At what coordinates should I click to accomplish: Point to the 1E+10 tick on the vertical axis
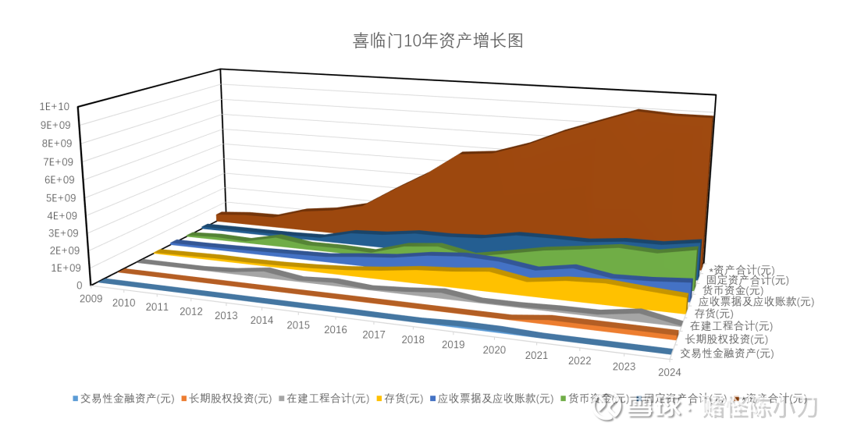(55, 106)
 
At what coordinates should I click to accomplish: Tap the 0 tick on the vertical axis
(80, 286)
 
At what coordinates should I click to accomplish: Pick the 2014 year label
(261, 320)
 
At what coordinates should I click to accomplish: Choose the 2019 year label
(453, 345)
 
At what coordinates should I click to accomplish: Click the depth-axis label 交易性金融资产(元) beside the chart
(727, 353)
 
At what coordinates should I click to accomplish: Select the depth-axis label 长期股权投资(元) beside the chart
(727, 339)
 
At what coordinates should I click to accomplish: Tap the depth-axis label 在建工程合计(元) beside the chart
(731, 326)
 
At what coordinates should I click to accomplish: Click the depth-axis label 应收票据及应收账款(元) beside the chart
(756, 301)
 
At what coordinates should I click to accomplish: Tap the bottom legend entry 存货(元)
(403, 398)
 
